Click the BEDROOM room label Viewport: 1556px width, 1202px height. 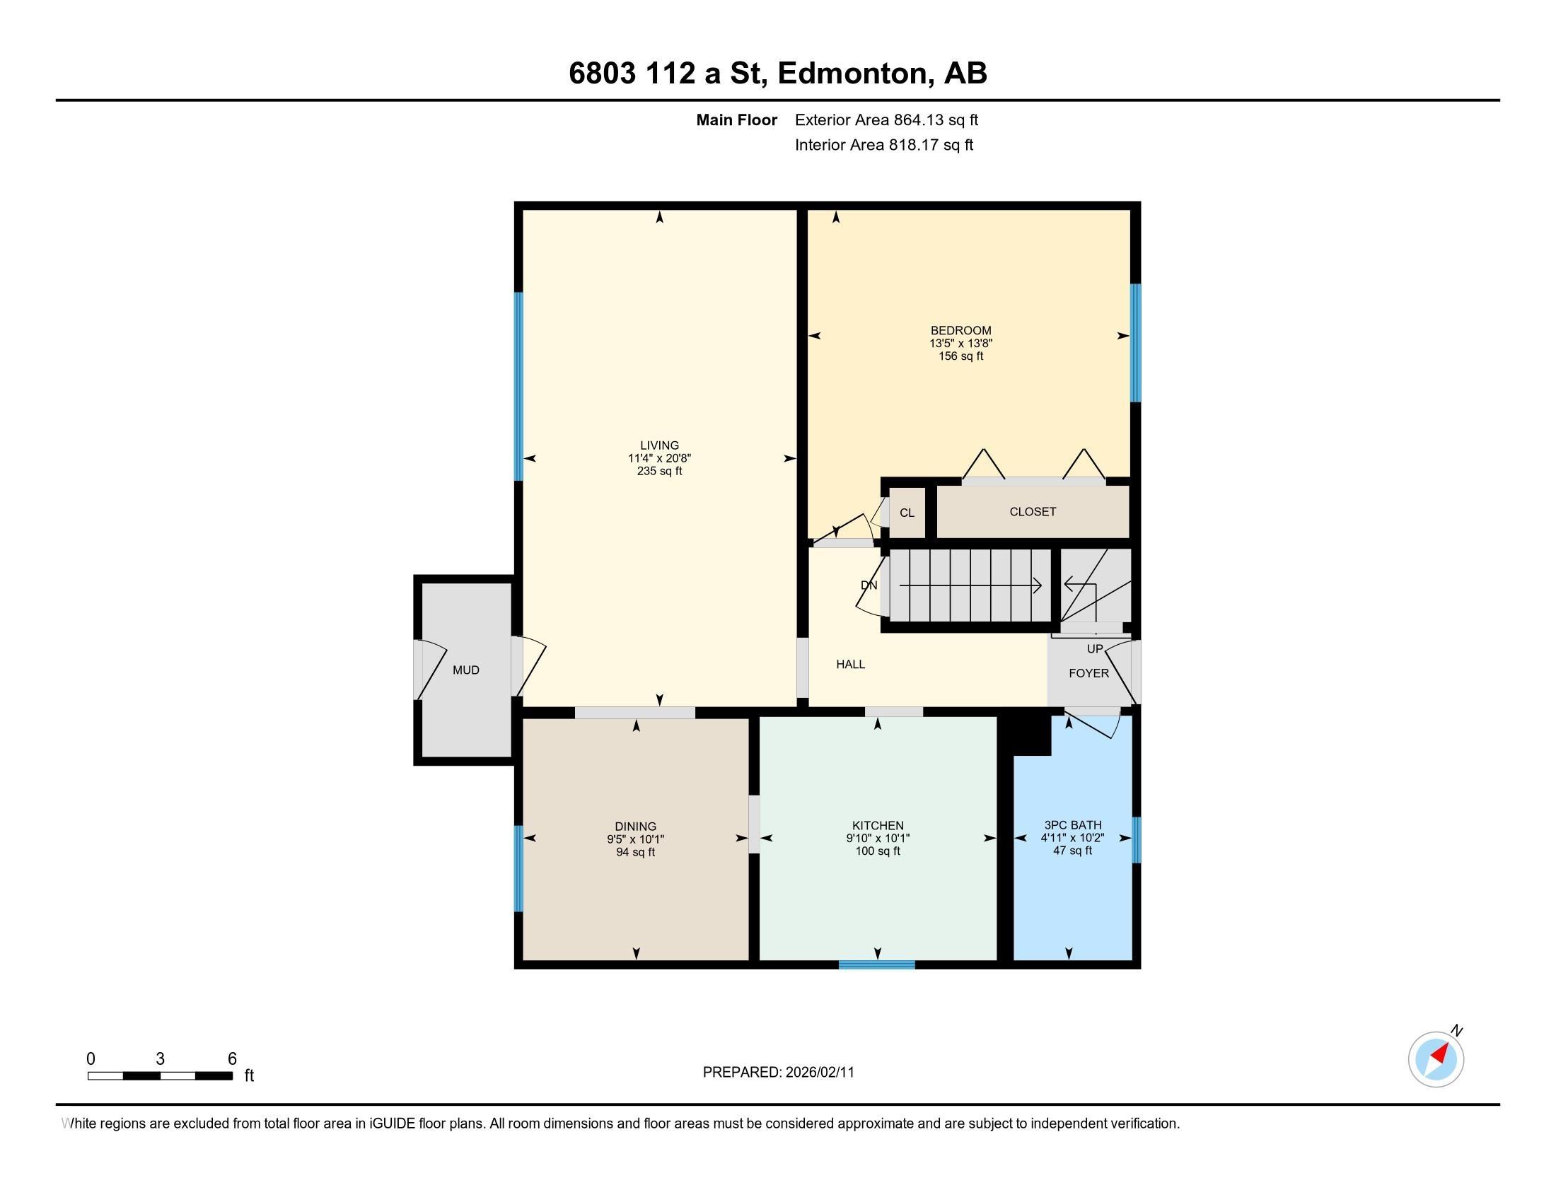[x=960, y=330]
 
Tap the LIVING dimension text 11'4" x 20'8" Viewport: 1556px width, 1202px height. [x=659, y=459]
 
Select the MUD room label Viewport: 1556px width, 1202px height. [x=466, y=670]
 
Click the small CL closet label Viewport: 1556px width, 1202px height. [x=906, y=513]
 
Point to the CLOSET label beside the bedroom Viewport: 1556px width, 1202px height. [x=1033, y=511]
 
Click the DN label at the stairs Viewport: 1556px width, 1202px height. [x=869, y=585]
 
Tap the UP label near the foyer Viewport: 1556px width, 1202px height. [x=1094, y=648]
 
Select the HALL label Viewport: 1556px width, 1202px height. [x=850, y=665]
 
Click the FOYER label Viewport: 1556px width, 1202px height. [x=1088, y=673]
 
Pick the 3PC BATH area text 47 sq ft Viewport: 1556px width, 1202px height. [x=1072, y=850]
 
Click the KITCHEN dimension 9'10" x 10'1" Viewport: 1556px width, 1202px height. [x=878, y=839]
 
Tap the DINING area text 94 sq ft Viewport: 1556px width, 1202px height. [x=636, y=853]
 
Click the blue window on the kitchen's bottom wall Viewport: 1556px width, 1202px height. [x=876, y=965]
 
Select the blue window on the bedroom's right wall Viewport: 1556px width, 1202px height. [x=1136, y=343]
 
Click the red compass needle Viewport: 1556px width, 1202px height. [x=1441, y=1054]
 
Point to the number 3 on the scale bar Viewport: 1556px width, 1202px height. [x=161, y=1059]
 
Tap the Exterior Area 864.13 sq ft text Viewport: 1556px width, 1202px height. [x=886, y=120]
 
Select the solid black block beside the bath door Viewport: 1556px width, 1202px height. [x=1026, y=735]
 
